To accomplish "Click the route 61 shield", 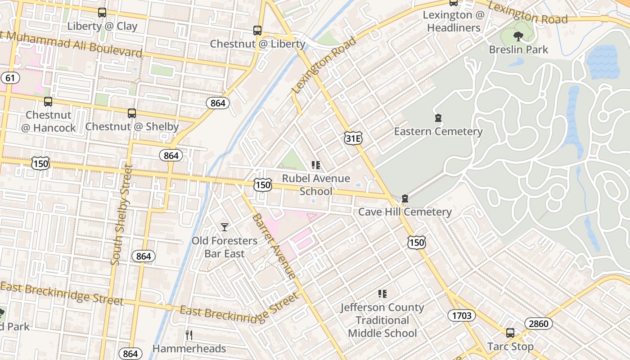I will pos(10,78).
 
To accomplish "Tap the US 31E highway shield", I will pos(353,139).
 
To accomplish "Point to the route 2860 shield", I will pos(538,323).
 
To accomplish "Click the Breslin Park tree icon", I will pos(518,36).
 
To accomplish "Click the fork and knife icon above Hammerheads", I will pos(189,335).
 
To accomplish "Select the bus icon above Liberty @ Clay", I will pos(102,13).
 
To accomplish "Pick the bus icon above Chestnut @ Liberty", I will pos(257,31).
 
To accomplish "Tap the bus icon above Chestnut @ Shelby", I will pos(132,113).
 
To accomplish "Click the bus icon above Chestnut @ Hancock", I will pos(48,102).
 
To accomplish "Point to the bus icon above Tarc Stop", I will pos(510,333).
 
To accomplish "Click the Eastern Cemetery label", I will pos(438,131).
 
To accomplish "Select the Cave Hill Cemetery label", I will pos(405,211).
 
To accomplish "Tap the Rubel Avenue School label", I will pos(316,184).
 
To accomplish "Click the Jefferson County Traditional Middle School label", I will pos(382,320).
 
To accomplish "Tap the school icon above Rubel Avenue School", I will pos(316,165).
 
